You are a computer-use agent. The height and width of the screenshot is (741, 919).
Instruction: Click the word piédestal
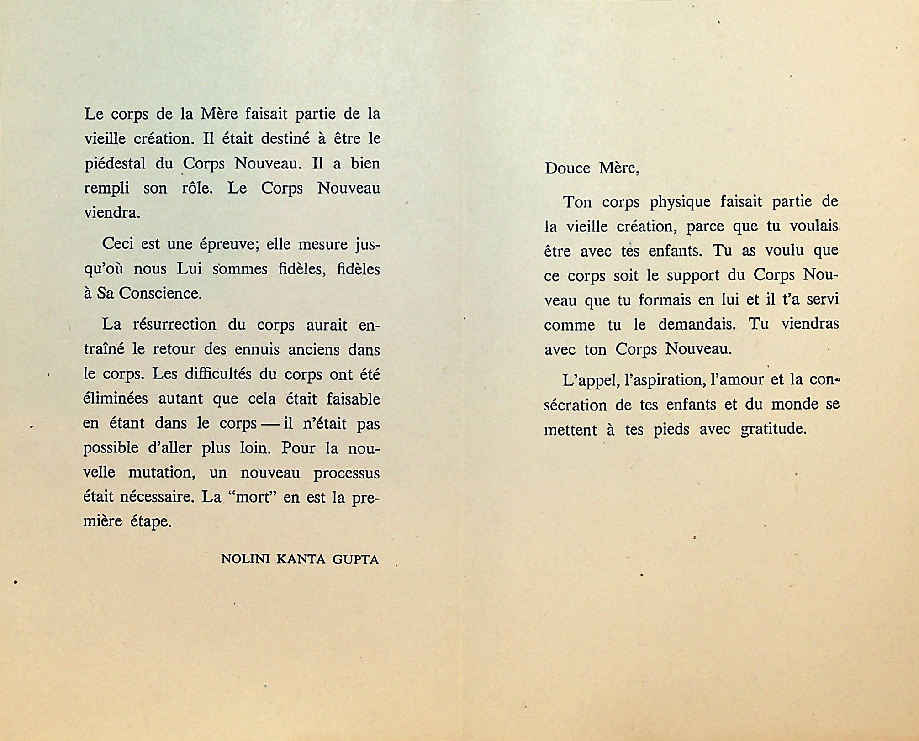click(x=115, y=164)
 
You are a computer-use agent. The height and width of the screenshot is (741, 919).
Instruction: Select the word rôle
click(x=197, y=188)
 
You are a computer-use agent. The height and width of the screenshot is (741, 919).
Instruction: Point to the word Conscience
click(x=160, y=293)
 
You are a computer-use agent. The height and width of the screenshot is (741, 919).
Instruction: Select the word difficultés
click(x=218, y=374)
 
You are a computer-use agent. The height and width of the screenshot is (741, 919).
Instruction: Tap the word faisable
click(x=353, y=399)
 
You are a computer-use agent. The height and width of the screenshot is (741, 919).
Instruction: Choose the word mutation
click(x=162, y=472)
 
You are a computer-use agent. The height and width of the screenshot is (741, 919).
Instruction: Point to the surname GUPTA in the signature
click(x=355, y=559)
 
